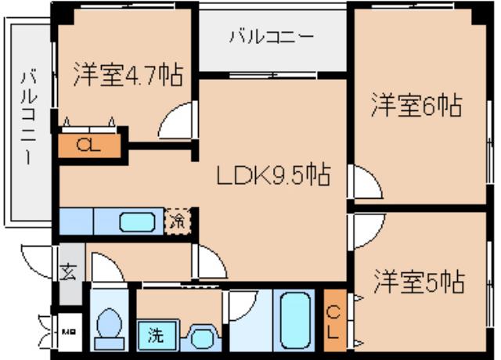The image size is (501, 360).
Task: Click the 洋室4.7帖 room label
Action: coord(128,75)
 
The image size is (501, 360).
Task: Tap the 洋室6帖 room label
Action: coord(415,105)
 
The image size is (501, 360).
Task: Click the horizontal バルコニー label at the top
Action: coord(272,37)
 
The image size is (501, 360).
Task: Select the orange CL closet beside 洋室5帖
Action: coord(333,321)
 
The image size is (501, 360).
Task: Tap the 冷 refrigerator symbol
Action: coord(178,221)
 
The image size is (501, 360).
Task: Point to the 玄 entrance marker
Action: coord(69,273)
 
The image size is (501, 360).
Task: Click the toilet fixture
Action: coord(108,325)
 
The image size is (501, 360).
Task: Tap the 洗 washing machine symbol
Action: coord(156,337)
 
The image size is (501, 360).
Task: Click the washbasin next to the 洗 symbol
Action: coord(201,337)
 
